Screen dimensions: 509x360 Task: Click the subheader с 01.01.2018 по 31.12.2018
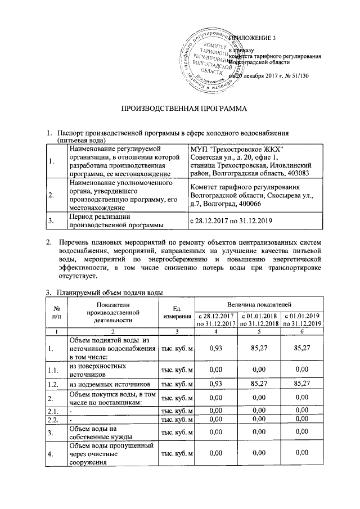pos(258,319)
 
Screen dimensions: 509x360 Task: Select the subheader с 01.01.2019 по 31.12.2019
pos(302,319)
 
